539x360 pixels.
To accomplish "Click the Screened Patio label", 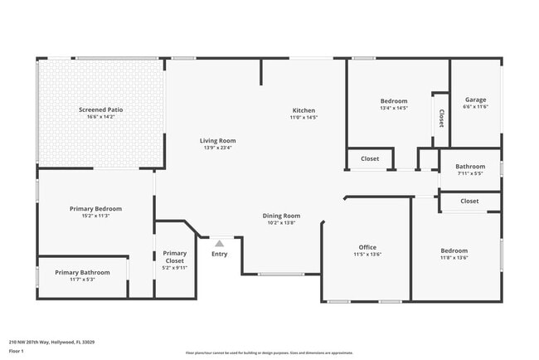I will [x=100, y=109].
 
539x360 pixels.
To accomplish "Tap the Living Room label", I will [x=218, y=140].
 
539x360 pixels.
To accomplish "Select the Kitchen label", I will [x=303, y=110].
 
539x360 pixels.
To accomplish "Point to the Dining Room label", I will [x=282, y=216].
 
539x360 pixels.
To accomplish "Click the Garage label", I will [x=475, y=99].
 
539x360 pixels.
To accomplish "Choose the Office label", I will [x=367, y=247].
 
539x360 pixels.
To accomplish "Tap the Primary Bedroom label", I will [x=95, y=209].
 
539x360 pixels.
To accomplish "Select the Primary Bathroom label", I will [x=82, y=272].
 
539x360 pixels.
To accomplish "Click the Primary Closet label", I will [x=175, y=257].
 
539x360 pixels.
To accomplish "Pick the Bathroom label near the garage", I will [x=470, y=166].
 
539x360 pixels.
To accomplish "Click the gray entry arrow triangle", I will [x=219, y=244].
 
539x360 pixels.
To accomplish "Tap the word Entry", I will [x=219, y=254].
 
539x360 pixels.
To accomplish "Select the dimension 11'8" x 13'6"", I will [x=454, y=258].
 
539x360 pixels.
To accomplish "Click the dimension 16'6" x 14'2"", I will [x=100, y=117].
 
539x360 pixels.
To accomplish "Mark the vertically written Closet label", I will [x=441, y=118].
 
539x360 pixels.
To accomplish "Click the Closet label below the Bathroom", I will [x=469, y=201].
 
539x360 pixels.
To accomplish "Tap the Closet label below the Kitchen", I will [x=370, y=158].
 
